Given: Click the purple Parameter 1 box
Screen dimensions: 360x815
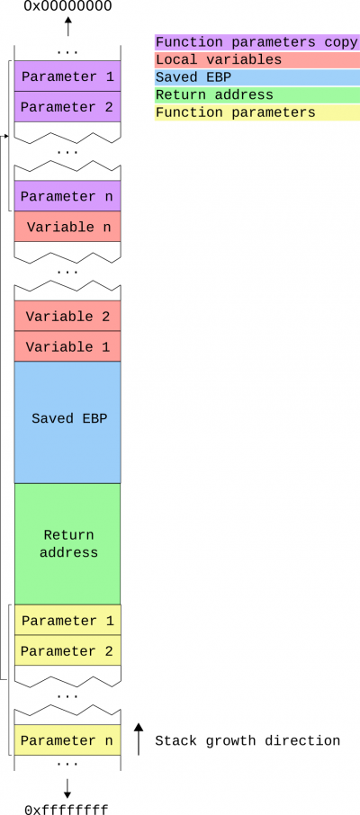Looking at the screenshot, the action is pyautogui.click(x=67, y=76).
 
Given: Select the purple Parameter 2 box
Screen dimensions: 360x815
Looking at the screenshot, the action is pyautogui.click(x=67, y=107).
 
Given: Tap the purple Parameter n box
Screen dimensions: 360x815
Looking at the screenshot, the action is pyautogui.click(x=67, y=196).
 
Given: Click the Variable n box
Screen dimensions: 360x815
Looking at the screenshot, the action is pyautogui.click(x=67, y=227).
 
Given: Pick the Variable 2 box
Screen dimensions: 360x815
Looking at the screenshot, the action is pyautogui.click(x=67, y=316).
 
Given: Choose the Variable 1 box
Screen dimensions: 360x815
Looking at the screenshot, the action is pyautogui.click(x=67, y=346).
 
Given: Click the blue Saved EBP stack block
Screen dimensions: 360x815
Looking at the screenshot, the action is pyautogui.click(x=67, y=423).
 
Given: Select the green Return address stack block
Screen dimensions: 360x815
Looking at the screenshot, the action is pyautogui.click(x=67, y=543).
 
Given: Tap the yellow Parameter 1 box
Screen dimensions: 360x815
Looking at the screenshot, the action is pyautogui.click(x=67, y=620).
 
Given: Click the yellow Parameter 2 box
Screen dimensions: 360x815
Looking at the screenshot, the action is pyautogui.click(x=67, y=650).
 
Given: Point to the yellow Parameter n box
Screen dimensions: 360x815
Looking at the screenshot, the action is pyautogui.click(x=67, y=739).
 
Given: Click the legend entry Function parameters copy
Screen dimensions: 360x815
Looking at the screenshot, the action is pyautogui.click(x=257, y=42).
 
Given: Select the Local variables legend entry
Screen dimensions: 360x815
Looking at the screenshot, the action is pyautogui.click(x=257, y=59).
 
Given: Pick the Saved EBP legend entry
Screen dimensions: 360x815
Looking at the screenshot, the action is pyautogui.click(x=257, y=77).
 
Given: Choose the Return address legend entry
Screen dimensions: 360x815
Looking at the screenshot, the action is pyautogui.click(x=257, y=95).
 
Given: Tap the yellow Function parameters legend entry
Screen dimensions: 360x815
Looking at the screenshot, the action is pyautogui.click(x=257, y=112).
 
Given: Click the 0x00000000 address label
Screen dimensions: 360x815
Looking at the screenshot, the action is pyautogui.click(x=67, y=6).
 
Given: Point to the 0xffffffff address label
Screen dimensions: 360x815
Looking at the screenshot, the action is pyautogui.click(x=67, y=809).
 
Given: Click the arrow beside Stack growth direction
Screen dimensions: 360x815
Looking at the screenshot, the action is pyautogui.click(x=139, y=739).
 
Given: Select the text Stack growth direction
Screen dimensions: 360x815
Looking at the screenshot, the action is pyautogui.click(x=247, y=740).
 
